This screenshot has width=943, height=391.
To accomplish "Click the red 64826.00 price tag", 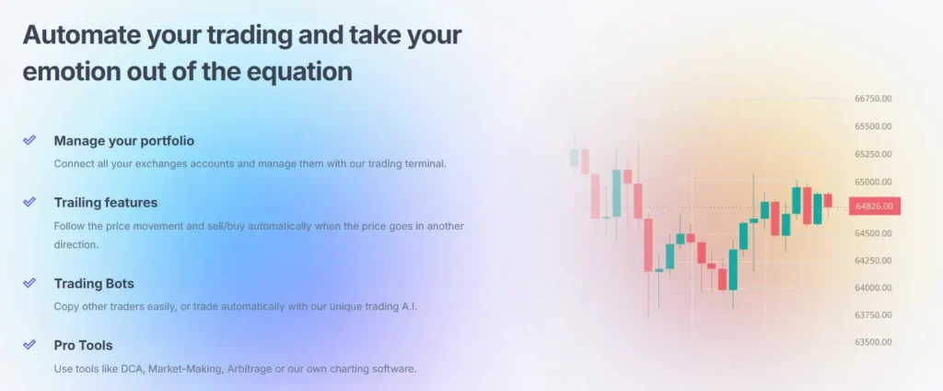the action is click(875, 206).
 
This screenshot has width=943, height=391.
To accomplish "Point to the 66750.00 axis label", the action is click(873, 99).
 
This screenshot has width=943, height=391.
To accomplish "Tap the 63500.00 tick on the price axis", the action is click(873, 342).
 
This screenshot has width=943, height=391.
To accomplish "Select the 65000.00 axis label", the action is click(873, 182).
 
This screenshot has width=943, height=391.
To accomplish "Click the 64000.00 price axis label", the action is click(873, 288).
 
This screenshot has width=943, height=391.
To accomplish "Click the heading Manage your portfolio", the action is click(124, 141).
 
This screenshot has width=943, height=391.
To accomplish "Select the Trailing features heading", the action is click(106, 203).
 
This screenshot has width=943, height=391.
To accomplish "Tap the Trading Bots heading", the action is click(94, 283).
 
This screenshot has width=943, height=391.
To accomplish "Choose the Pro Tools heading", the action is click(84, 345).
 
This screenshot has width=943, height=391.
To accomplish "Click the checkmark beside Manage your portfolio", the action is click(29, 140).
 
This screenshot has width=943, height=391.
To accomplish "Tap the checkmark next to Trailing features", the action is click(29, 201).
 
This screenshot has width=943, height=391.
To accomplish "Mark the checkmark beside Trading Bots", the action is click(29, 282).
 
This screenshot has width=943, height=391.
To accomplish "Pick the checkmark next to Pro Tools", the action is click(29, 345).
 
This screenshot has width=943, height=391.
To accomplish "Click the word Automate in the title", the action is click(81, 35).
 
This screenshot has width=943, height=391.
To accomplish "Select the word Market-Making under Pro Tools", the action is click(185, 369).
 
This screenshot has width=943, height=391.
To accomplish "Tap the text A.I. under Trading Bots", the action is click(409, 306).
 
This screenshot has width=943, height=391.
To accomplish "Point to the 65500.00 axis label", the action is click(873, 126).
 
